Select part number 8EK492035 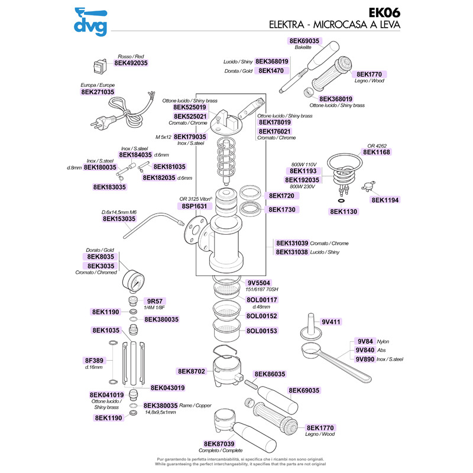point(131,62)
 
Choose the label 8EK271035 point(97,92)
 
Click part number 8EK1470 point(271,70)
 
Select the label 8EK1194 point(386,200)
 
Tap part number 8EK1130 point(345,211)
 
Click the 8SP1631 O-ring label point(193,206)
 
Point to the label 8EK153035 point(119,219)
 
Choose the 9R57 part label point(154,300)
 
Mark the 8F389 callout point(95,360)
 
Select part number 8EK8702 point(191,371)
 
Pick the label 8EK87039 point(219,443)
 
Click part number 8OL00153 point(261,331)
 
